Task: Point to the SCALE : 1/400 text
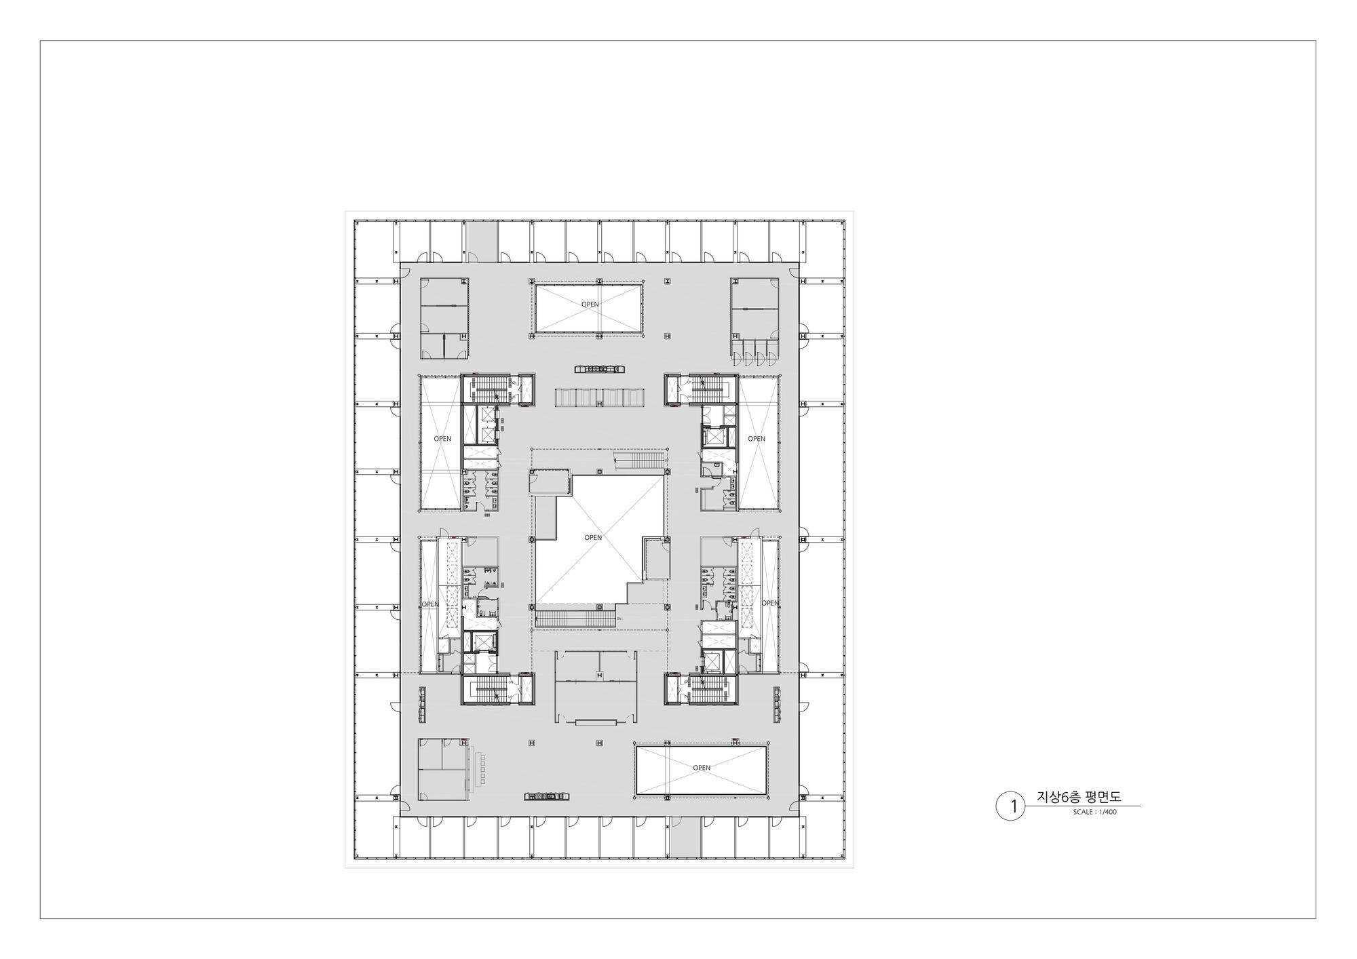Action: pyautogui.click(x=1094, y=812)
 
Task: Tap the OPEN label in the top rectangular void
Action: pyautogui.click(x=590, y=305)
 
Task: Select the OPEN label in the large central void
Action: pyautogui.click(x=593, y=538)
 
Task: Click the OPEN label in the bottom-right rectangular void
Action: pyautogui.click(x=702, y=768)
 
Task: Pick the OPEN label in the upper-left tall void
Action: pyautogui.click(x=442, y=439)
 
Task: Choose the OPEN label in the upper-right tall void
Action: pyautogui.click(x=757, y=439)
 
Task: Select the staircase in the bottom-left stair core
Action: pyautogui.click(x=486, y=690)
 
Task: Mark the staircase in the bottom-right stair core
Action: pyautogui.click(x=710, y=690)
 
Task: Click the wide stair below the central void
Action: pyautogui.click(x=575, y=619)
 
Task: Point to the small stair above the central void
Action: pyautogui.click(x=640, y=461)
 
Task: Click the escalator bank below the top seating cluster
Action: pyautogui.click(x=600, y=397)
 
